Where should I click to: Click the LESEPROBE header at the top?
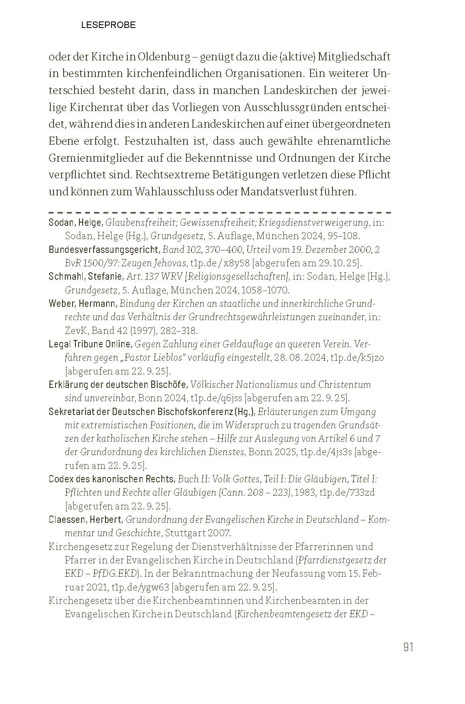click(108, 25)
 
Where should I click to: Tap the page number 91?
click(408, 647)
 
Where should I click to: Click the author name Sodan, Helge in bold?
click(75, 222)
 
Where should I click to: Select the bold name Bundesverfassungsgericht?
click(105, 249)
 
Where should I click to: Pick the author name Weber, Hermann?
click(83, 304)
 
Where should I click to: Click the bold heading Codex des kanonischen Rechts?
click(111, 479)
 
